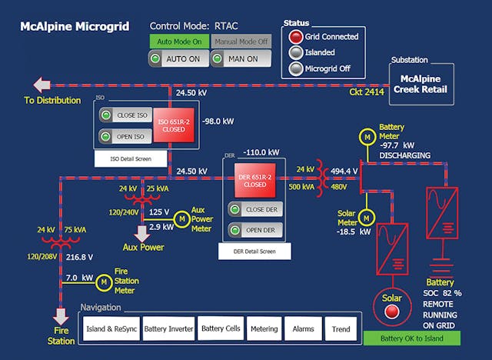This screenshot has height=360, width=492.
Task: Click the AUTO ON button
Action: click(x=178, y=58)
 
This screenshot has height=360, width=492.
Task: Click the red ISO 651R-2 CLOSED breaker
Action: click(x=173, y=125)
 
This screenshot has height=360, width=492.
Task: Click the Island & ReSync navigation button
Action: click(x=108, y=328)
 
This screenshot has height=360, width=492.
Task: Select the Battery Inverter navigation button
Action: click(x=168, y=328)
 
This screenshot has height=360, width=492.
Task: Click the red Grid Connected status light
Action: click(x=294, y=36)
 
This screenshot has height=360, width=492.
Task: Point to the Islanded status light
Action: click(x=294, y=52)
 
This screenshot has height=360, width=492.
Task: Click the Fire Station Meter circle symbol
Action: click(x=104, y=283)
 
